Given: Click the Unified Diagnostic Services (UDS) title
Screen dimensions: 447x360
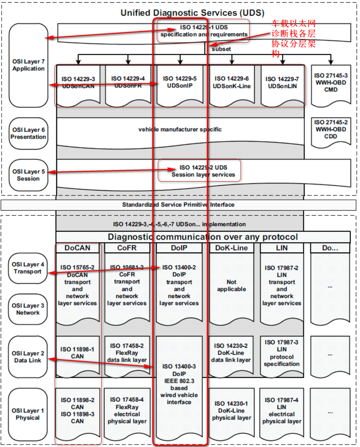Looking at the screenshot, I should (192, 13).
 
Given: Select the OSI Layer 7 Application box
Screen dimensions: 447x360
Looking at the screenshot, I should (28, 65).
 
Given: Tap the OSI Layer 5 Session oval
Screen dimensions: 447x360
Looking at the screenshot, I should (28, 175).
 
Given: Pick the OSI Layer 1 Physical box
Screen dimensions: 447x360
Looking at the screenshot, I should (28, 414).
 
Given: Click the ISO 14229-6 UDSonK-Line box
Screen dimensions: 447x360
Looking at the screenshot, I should (232, 83).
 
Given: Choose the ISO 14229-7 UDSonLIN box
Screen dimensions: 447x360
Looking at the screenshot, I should (282, 83).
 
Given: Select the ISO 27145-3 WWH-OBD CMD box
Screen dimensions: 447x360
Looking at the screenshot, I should (331, 83).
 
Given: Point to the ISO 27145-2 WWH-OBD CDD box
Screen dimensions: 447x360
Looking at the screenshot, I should (331, 130).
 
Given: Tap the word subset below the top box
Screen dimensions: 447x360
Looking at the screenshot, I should (221, 49).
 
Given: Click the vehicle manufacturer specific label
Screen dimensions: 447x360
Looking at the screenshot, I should (180, 130).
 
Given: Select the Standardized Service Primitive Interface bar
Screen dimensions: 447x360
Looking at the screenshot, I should (178, 205).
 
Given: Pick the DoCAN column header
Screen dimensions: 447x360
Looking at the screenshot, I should (77, 248).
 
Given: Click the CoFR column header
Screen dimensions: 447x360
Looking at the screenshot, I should (127, 248).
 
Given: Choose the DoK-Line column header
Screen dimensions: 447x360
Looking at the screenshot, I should (231, 248).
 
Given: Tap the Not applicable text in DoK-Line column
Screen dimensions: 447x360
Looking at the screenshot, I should (231, 286).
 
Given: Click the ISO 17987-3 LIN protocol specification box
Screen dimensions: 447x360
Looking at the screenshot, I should (282, 353).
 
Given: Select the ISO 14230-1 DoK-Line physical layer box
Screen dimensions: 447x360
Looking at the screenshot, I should (231, 411).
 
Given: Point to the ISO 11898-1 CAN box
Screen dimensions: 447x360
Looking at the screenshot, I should (77, 353).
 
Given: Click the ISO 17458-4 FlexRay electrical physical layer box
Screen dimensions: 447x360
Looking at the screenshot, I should (127, 411).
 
